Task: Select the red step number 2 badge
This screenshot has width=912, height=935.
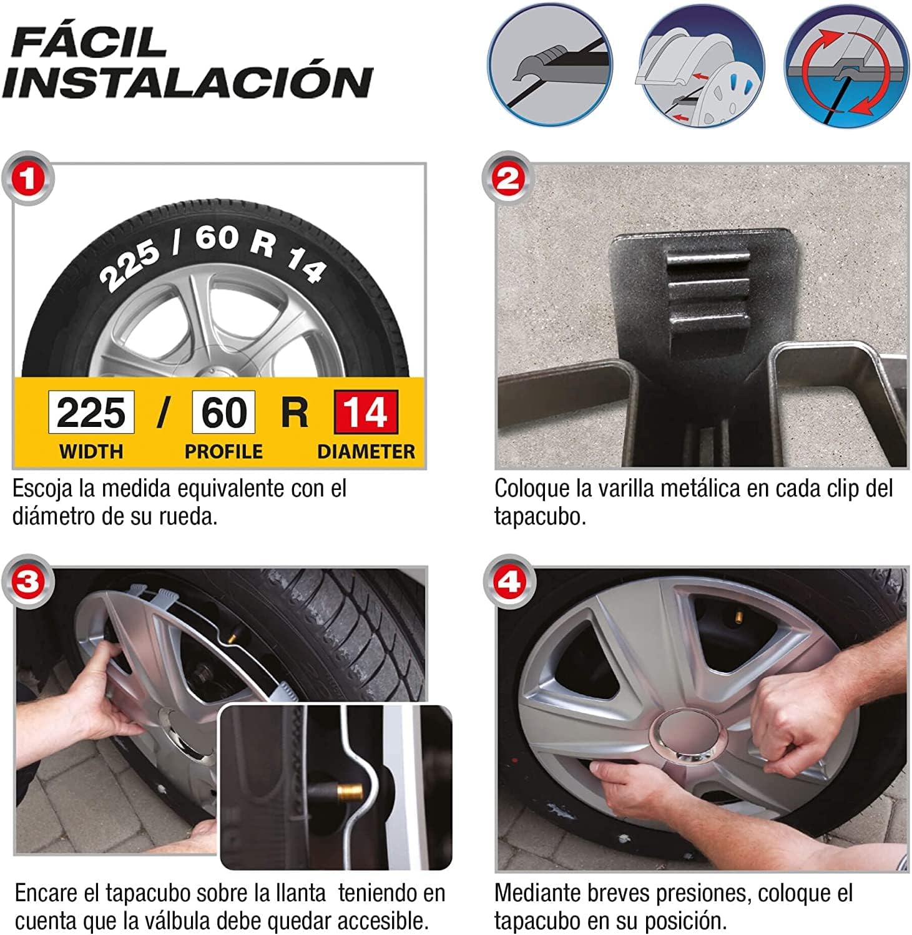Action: pos(509,179)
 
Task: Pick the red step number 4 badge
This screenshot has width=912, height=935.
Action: pos(509,582)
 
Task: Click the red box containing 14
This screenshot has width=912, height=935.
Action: pos(366,412)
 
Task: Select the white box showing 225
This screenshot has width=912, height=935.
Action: pos(91,412)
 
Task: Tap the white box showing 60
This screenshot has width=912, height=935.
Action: pos(223,412)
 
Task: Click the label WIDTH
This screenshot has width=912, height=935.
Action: pos(91,451)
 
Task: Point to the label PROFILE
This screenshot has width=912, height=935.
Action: pos(223,451)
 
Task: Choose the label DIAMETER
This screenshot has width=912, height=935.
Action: pos(366,451)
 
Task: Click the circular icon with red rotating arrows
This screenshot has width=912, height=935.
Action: pos(846,65)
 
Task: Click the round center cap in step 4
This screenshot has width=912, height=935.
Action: pos(690,737)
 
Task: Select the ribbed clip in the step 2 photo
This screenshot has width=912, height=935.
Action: pos(709,291)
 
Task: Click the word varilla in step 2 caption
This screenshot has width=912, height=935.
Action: pos(627,488)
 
